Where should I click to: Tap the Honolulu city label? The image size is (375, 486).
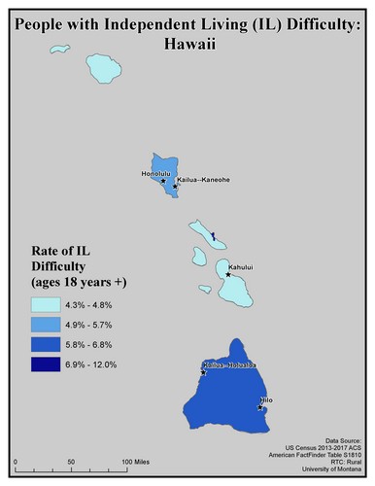click(x=155, y=174)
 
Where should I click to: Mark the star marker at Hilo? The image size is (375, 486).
click(x=260, y=407)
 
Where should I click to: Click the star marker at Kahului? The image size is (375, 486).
click(x=228, y=274)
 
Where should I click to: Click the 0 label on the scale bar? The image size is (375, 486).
click(x=17, y=460)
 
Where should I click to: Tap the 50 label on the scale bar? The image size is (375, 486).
click(x=71, y=460)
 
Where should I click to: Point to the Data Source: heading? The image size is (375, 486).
click(x=339, y=439)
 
